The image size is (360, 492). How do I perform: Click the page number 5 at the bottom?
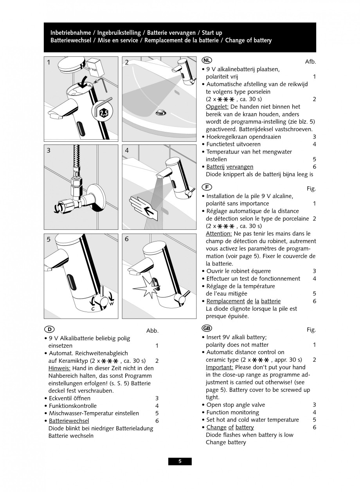pos(180,461)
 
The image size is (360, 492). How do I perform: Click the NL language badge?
pos(207,61)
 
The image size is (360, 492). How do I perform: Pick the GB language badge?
pos(207,328)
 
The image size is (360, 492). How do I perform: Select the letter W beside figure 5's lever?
pos(111,303)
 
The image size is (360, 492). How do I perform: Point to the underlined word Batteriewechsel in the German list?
pos(69,421)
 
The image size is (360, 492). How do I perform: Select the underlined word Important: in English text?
pos(220,368)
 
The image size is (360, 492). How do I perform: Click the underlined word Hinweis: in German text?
pos(59,368)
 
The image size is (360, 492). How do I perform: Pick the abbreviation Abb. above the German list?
pos(152,331)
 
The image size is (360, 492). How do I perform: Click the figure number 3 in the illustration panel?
pos(49,150)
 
